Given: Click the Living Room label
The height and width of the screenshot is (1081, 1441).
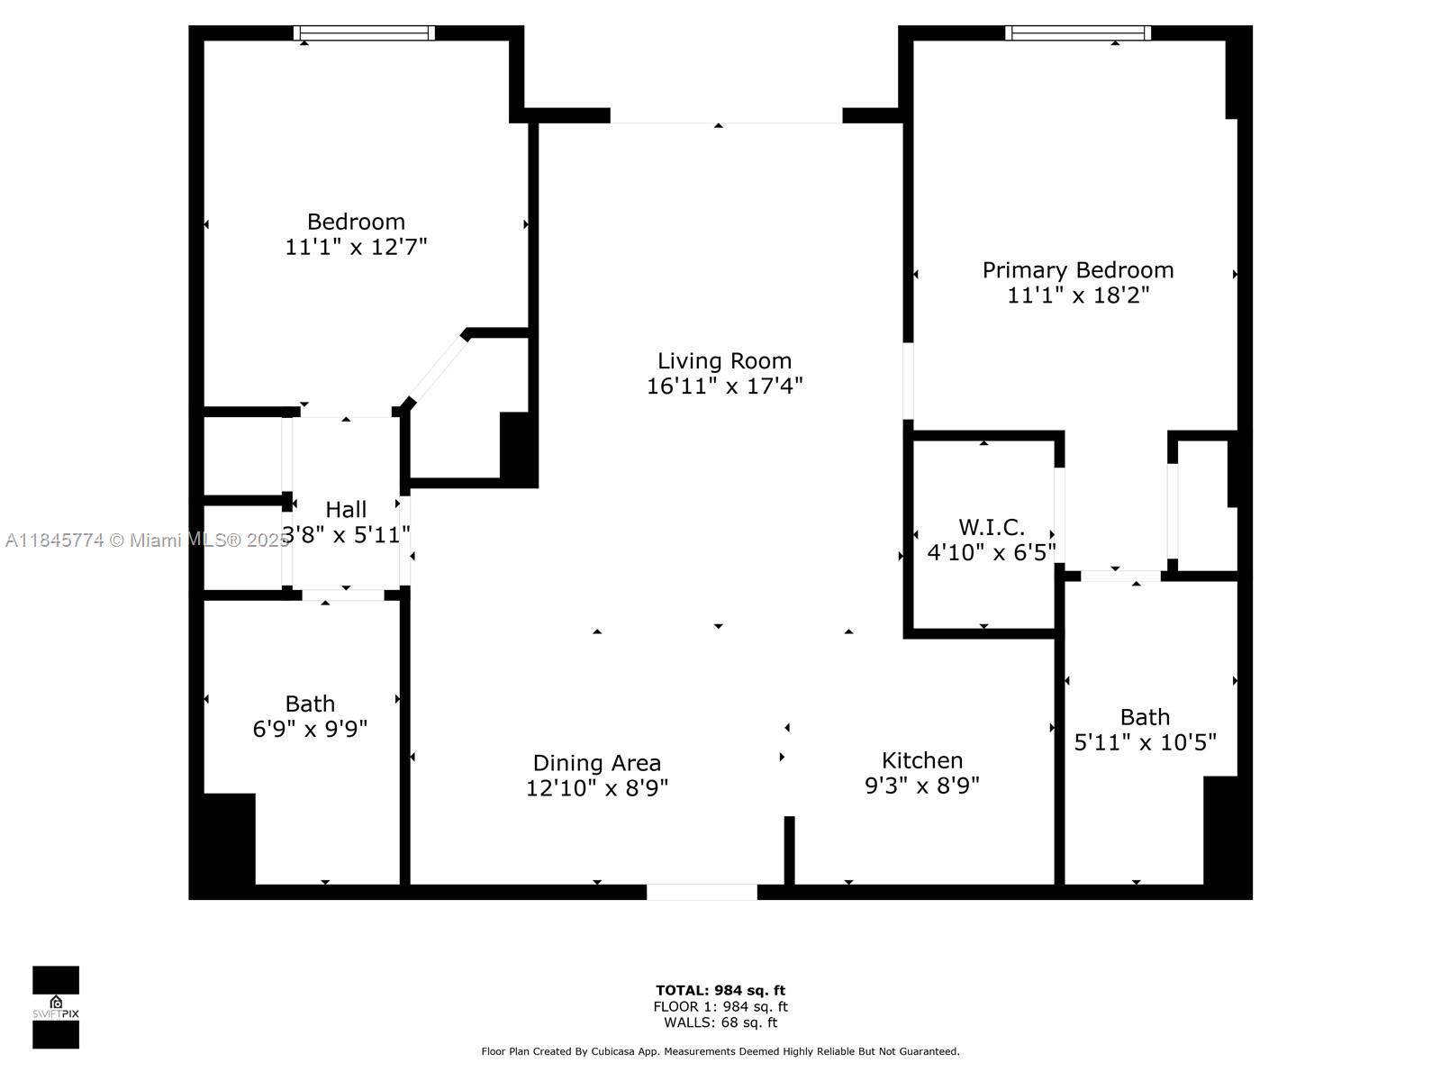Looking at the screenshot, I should [724, 361].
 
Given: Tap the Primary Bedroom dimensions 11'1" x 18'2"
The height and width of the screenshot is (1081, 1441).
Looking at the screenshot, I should [1078, 295].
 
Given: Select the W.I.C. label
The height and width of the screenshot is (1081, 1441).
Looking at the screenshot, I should [991, 527].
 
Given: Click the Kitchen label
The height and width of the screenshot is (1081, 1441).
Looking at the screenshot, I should [921, 760].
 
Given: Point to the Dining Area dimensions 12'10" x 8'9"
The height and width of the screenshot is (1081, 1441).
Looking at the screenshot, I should [596, 788].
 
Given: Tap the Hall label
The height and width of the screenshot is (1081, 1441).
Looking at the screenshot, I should [346, 510].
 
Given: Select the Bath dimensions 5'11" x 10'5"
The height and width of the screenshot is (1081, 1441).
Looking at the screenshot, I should [1145, 742].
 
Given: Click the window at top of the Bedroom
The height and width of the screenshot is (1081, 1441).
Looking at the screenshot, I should [364, 33].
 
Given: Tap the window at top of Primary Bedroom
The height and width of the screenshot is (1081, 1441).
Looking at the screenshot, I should [1077, 33].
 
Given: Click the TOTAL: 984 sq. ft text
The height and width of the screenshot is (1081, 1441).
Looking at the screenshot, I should [720, 991].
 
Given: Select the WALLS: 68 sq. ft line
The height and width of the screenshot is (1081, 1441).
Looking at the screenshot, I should [720, 1022].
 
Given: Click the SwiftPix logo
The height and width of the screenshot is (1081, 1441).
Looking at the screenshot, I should [56, 1007].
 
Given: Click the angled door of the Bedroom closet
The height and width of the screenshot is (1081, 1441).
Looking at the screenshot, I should [436, 370].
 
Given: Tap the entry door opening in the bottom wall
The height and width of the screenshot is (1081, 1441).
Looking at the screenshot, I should [702, 892].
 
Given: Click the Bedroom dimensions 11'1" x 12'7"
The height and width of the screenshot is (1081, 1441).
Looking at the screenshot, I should [356, 247].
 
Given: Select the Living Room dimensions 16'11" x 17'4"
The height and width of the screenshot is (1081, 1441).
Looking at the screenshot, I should [724, 386].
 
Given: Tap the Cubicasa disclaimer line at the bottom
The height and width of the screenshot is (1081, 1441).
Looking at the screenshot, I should [720, 1051].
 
